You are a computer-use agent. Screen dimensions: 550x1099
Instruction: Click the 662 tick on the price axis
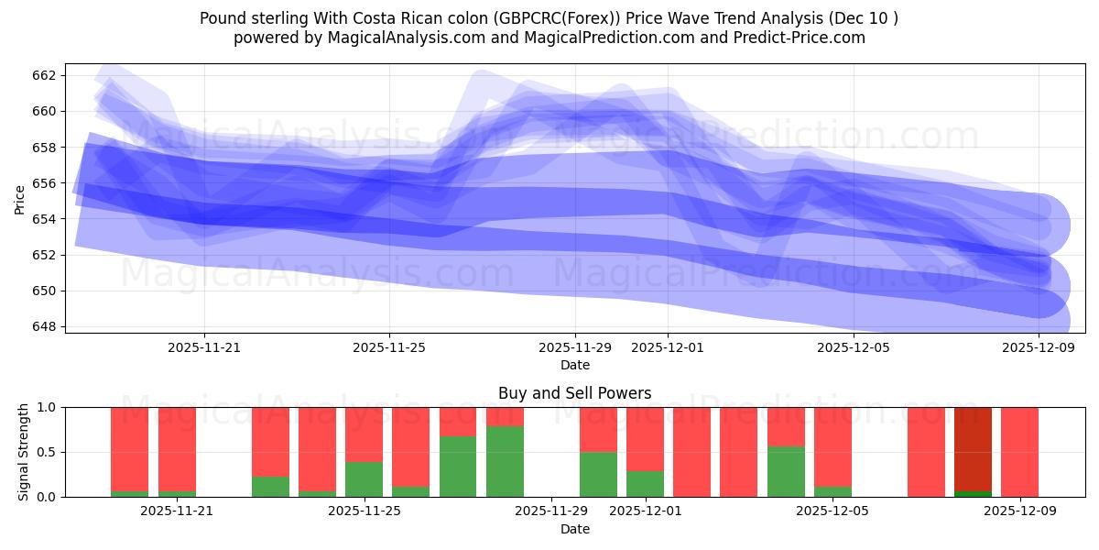[45, 75]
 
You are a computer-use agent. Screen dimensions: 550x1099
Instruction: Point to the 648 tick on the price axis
[45, 326]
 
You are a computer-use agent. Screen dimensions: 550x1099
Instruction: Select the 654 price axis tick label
[45, 219]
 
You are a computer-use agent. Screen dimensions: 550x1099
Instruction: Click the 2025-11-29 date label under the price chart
[575, 347]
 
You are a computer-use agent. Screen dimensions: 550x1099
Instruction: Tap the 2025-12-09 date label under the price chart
[1039, 347]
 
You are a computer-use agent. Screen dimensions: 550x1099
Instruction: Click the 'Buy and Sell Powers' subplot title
[574, 393]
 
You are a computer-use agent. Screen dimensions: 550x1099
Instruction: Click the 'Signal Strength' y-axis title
[24, 452]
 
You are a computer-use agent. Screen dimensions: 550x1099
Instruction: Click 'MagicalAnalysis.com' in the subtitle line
[399, 38]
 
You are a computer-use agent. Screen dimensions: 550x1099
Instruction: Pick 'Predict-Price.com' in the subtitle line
[806, 38]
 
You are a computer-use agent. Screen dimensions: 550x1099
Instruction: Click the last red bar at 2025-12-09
[1019, 452]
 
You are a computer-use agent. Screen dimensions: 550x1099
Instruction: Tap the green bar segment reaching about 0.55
[786, 471]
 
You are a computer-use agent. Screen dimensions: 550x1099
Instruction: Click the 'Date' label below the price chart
[574, 365]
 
